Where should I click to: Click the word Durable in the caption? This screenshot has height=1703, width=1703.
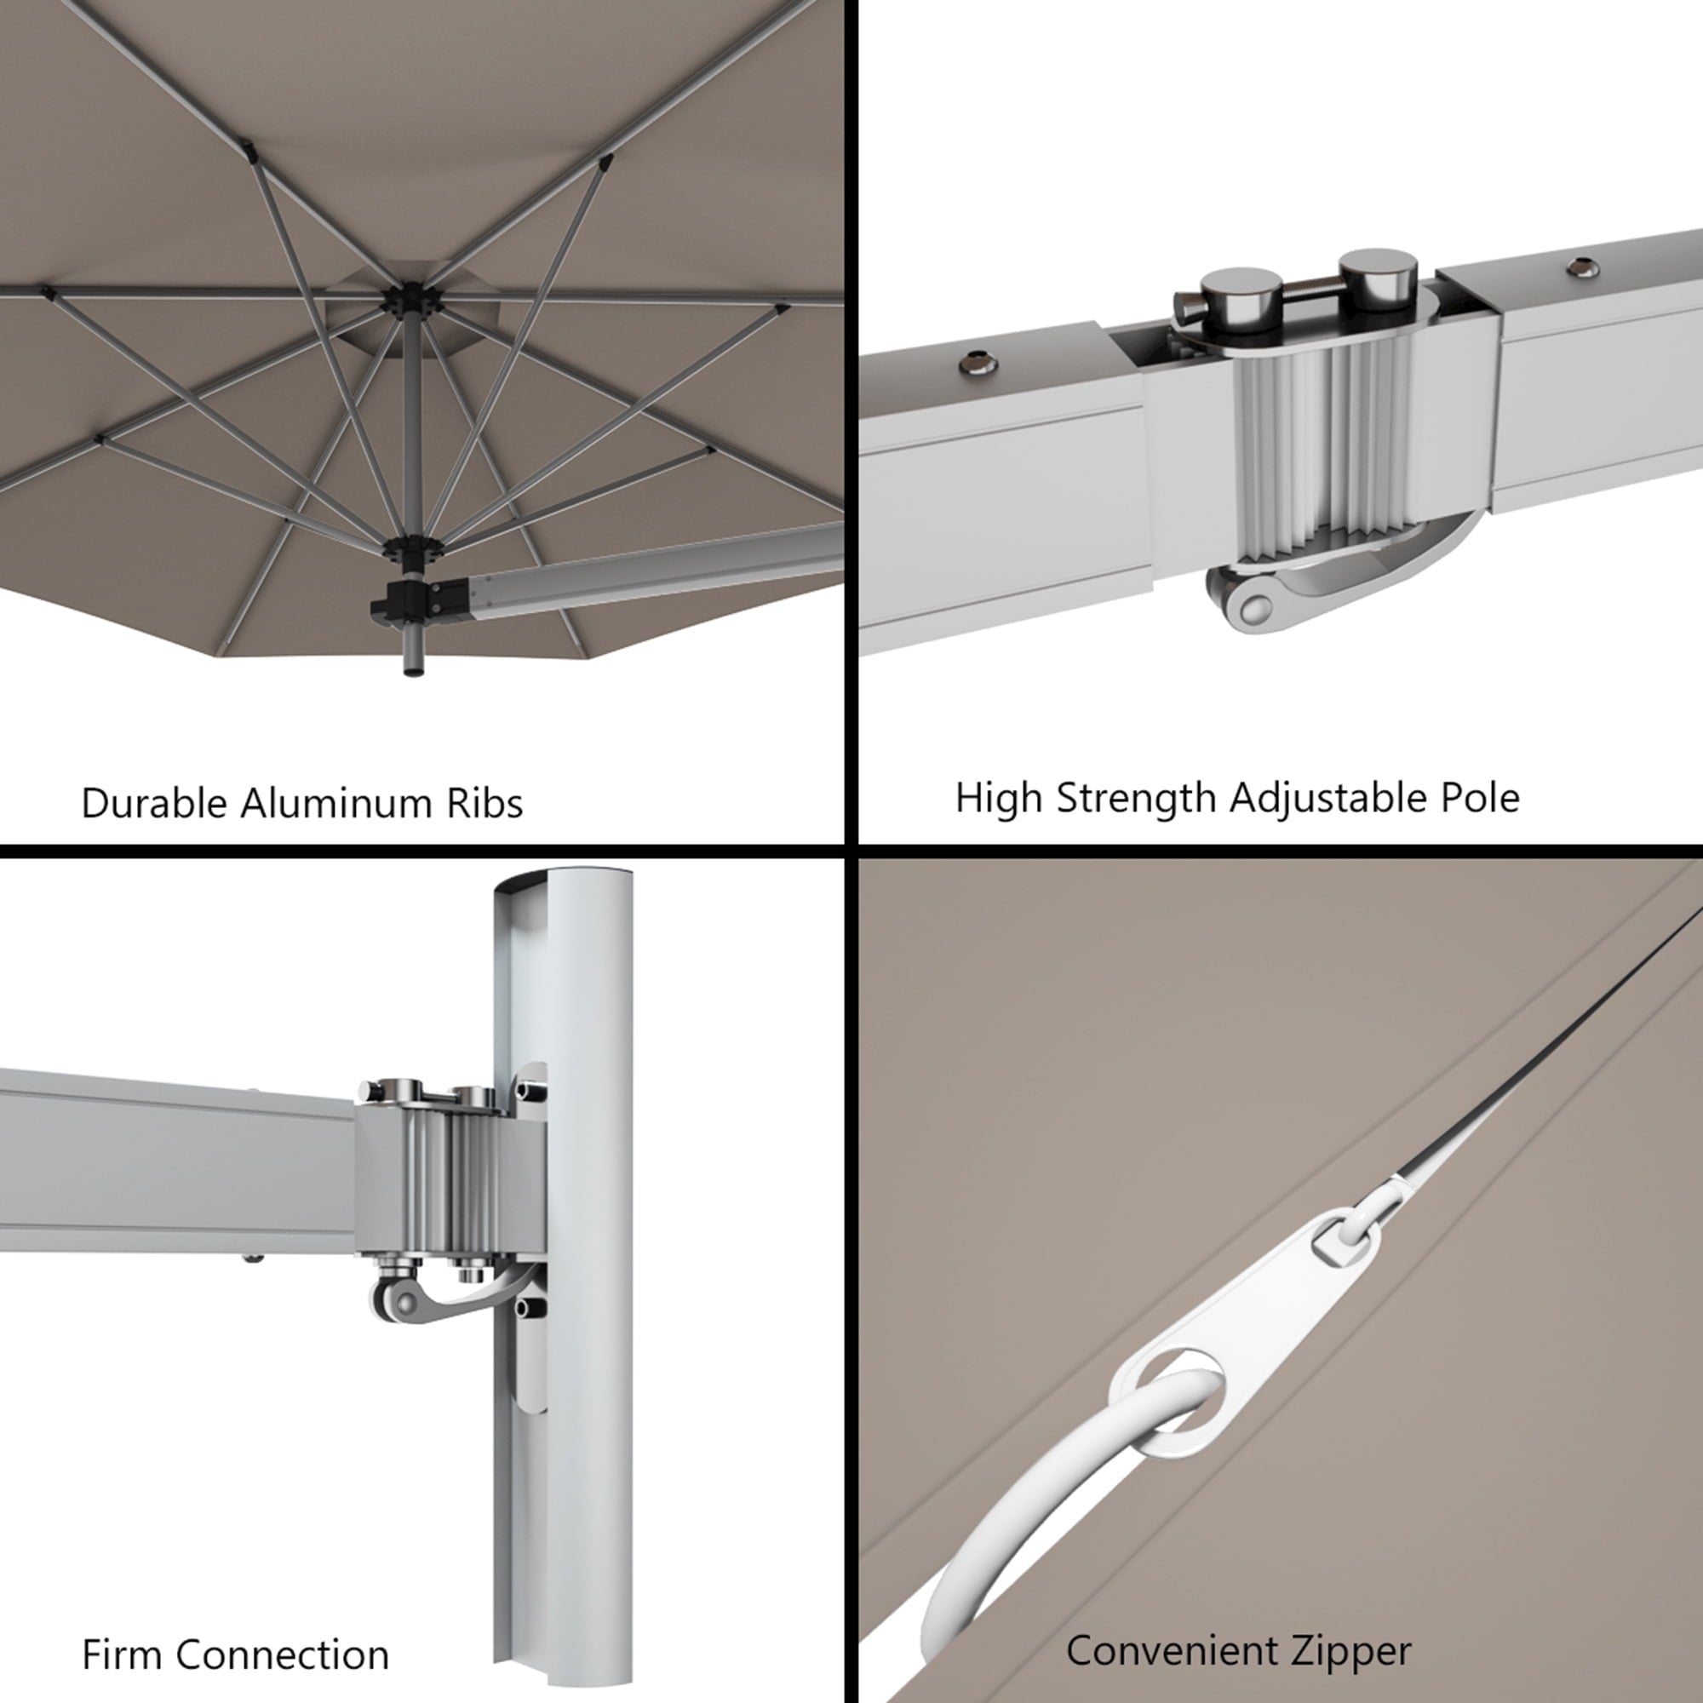[x=154, y=803]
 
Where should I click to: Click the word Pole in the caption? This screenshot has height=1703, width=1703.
[x=1480, y=798]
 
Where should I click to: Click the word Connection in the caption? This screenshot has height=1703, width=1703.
[x=282, y=1654]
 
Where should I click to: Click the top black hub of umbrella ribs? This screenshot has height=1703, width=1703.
[x=408, y=300]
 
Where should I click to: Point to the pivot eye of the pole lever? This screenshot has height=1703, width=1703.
[x=1251, y=607]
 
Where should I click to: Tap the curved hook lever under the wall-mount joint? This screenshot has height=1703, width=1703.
[x=450, y=1296]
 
